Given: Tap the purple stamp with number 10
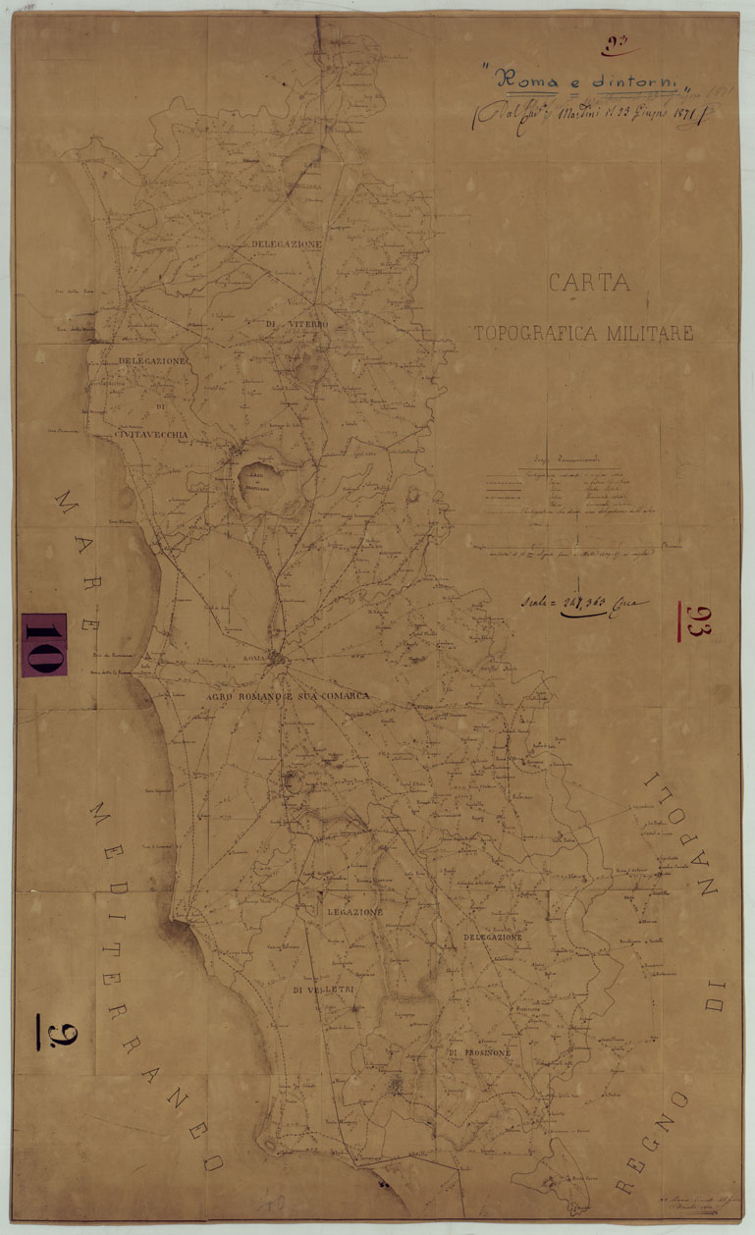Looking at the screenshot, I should [44, 644].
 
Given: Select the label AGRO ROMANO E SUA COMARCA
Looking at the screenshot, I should [287, 695].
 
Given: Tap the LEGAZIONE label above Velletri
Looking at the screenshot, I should [353, 912].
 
